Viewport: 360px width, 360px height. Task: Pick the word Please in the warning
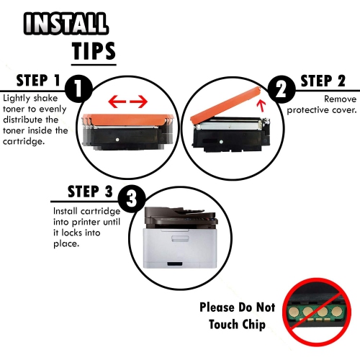pos(217,307)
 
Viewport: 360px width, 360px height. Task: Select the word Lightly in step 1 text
pos(17,97)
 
